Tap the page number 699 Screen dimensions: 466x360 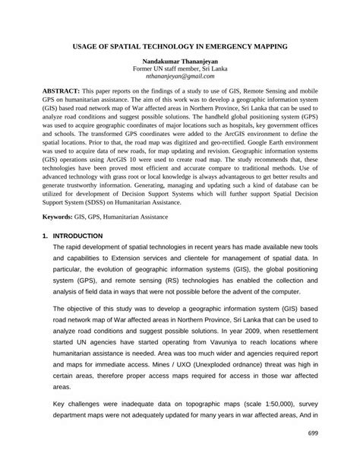(x=312, y=433)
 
